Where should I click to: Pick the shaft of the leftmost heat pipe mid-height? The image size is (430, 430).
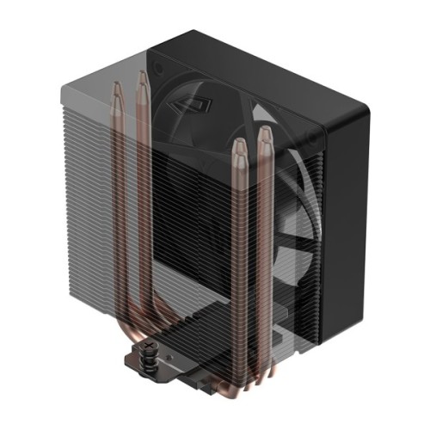point(117,215)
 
